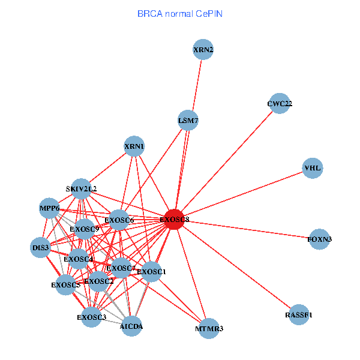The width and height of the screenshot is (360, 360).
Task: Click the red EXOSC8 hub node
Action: tap(174, 220)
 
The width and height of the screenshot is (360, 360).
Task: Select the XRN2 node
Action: tap(203, 49)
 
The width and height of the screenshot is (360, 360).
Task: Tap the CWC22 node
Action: tap(280, 104)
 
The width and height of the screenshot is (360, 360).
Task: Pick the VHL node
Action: tap(313, 168)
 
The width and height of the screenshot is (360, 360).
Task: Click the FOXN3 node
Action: tap(320, 239)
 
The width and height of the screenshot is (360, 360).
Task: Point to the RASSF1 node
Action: tap(299, 314)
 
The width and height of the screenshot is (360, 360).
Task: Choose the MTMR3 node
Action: tap(209, 329)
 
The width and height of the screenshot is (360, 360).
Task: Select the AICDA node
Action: tap(131, 326)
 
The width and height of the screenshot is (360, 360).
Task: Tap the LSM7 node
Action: tap(188, 121)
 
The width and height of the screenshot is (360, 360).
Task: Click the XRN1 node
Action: tap(134, 146)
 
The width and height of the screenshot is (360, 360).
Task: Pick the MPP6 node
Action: tap(50, 208)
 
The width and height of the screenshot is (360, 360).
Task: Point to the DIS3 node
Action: tap(41, 247)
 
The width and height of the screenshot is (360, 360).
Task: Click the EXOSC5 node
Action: tap(65, 284)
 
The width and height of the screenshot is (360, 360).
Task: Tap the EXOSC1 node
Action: tap(151, 272)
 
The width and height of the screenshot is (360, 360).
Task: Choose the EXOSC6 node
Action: tap(119, 220)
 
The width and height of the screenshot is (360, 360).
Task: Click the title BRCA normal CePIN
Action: tap(180, 13)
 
